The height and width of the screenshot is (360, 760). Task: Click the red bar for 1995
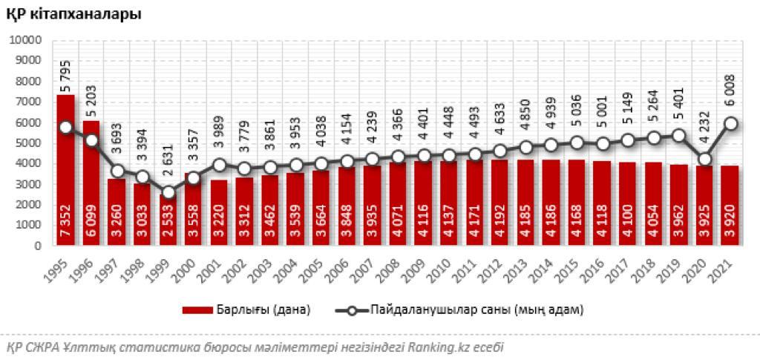coord(66,171)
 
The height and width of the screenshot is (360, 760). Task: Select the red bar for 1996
coord(91,186)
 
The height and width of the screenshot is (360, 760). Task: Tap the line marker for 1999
coord(168,192)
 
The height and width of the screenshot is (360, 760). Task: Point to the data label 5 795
coord(66,97)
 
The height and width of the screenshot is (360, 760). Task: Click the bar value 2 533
coord(168,226)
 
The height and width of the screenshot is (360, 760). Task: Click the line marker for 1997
coord(117,171)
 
